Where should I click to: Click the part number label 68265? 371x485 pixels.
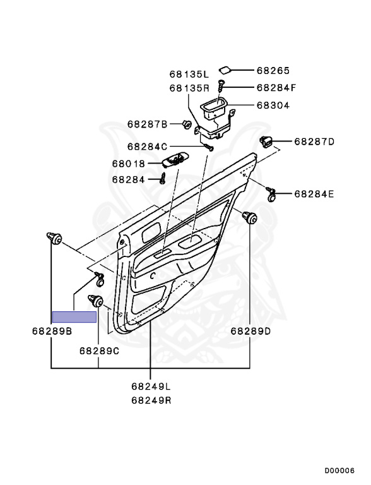[273, 71]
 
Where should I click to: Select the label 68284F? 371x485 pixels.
[276, 88]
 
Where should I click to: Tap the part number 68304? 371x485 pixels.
[273, 105]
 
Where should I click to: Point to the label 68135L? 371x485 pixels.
[189, 75]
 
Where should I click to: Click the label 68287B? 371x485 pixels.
[147, 124]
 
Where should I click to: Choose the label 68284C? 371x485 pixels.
[147, 147]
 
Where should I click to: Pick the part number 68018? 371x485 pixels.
[128, 164]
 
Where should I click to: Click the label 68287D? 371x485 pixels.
[314, 141]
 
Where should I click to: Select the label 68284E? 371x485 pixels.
[314, 195]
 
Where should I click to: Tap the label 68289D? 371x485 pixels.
[250, 332]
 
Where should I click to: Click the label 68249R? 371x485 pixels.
[151, 400]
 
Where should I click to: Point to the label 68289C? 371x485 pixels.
[99, 351]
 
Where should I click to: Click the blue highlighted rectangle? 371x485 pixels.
[74, 317]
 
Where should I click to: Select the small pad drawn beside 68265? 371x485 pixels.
[225, 71]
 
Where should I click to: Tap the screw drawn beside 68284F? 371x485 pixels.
[221, 85]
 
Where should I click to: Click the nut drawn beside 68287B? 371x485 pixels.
[186, 124]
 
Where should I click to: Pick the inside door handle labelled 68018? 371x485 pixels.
[176, 159]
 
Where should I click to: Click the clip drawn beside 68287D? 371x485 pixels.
[266, 141]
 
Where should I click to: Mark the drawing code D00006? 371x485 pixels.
[339, 470]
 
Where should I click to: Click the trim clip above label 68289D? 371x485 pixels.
[249, 217]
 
